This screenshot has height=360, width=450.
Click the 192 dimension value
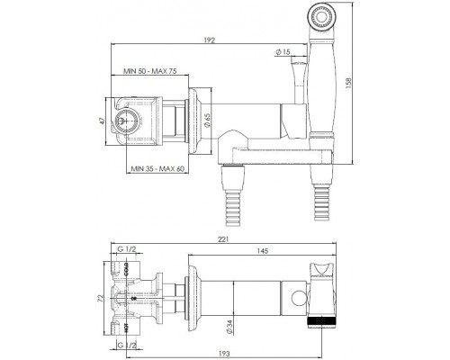[209, 40]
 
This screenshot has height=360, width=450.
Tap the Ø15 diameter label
[283, 52]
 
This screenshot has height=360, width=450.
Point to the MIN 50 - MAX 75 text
[149, 71]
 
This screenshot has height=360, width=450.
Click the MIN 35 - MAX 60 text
[157, 168]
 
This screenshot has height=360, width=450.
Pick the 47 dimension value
[103, 121]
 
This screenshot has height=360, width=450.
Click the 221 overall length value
[223, 239]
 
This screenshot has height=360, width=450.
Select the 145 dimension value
[263, 251]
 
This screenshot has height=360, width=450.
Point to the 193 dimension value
[224, 354]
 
